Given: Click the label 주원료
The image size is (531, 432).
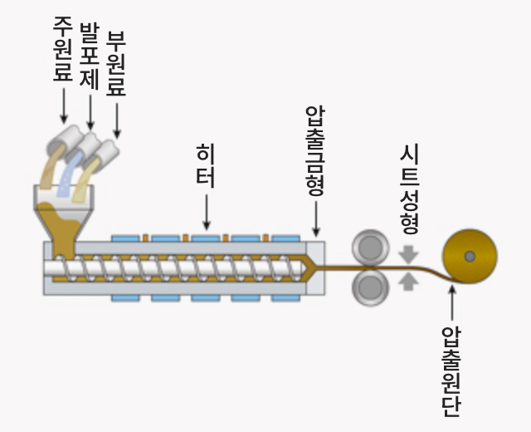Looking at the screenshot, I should pyautogui.click(x=63, y=51).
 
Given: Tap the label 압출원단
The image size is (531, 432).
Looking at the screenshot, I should pyautogui.click(x=452, y=371).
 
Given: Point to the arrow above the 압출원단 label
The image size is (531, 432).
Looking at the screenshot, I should pyautogui.click(x=452, y=302).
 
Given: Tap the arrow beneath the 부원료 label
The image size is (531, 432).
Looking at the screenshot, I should pyautogui.click(x=116, y=120).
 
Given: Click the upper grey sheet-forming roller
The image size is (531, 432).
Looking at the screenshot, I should pyautogui.click(x=371, y=247).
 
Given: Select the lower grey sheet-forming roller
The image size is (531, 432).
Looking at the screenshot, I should pyautogui.click(x=371, y=287).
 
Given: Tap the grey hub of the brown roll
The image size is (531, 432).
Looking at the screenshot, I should pyautogui.click(x=470, y=256).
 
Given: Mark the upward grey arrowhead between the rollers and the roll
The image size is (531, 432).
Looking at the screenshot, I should pyautogui.click(x=408, y=282).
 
